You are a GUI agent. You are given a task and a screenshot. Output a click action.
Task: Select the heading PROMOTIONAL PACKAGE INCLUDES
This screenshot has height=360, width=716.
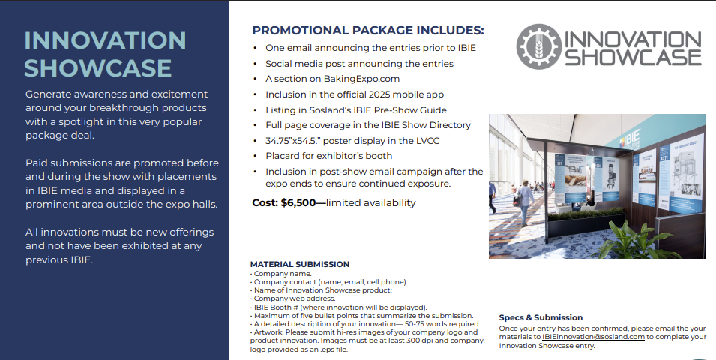[368, 31]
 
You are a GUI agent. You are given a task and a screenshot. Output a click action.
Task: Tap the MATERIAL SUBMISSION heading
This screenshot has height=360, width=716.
[299, 264]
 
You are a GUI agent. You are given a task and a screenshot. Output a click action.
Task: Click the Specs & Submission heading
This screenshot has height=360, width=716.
[541, 317]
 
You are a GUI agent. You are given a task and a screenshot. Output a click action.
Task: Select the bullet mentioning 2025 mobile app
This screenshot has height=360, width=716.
[355, 94]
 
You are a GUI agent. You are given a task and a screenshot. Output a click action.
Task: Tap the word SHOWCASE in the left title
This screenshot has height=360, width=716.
[98, 68]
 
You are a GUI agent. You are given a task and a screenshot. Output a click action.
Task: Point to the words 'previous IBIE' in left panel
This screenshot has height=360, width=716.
[59, 260]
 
